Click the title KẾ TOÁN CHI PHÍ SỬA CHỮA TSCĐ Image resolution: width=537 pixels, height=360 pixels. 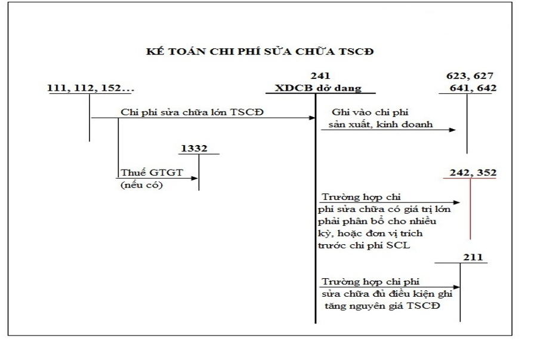260,51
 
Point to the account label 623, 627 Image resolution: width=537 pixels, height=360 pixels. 471,76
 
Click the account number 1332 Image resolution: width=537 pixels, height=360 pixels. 195,148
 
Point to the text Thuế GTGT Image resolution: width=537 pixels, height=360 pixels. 141,173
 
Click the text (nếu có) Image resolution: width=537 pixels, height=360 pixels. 141,184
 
